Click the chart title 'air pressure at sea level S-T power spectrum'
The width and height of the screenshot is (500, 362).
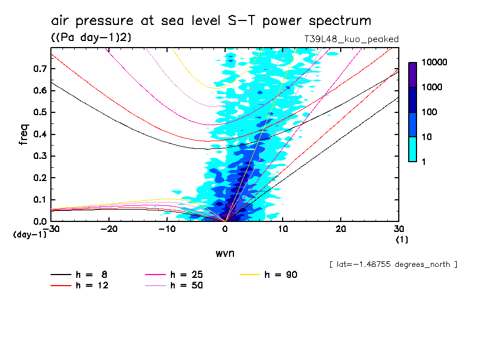(x=211, y=21)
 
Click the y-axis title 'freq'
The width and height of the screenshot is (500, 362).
(x=24, y=135)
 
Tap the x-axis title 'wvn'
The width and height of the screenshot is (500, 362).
(x=225, y=253)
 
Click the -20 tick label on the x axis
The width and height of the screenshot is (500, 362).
(x=110, y=229)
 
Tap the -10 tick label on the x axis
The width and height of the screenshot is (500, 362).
(x=167, y=229)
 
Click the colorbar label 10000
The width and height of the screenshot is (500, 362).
(x=435, y=63)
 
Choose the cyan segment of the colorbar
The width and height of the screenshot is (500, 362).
(x=413, y=149)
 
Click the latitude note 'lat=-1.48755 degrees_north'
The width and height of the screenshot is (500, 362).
(x=393, y=265)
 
